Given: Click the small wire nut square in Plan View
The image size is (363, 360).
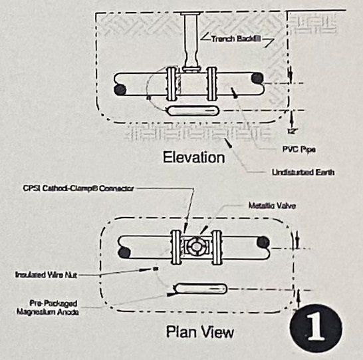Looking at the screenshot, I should [155, 270].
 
